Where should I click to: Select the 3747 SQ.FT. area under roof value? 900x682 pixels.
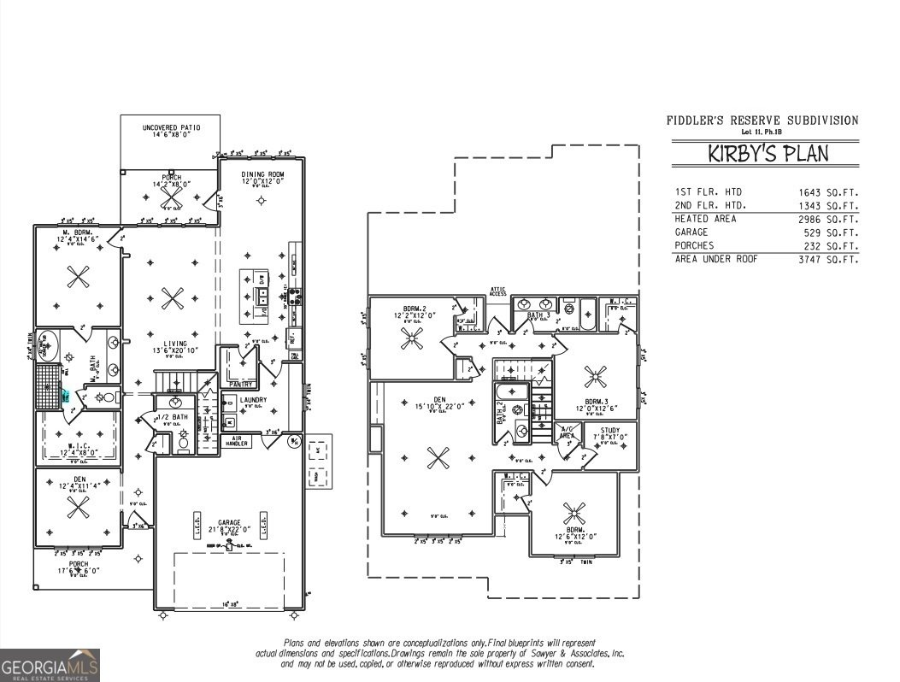click(828, 259)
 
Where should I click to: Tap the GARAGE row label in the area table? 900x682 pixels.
click(691, 232)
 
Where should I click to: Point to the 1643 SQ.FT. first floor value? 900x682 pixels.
click(828, 192)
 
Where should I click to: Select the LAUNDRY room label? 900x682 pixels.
click(254, 399)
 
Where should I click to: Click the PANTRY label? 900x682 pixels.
click(241, 385)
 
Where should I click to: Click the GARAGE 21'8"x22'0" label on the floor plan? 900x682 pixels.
click(228, 526)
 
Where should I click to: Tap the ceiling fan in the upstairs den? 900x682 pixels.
click(438, 457)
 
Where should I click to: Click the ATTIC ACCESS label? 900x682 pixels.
click(498, 291)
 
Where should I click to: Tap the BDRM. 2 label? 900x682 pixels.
click(420, 311)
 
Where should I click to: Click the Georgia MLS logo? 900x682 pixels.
click(50, 665)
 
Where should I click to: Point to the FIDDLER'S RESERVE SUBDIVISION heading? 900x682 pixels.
click(762, 121)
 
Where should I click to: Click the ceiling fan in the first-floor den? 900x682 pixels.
click(79, 508)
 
